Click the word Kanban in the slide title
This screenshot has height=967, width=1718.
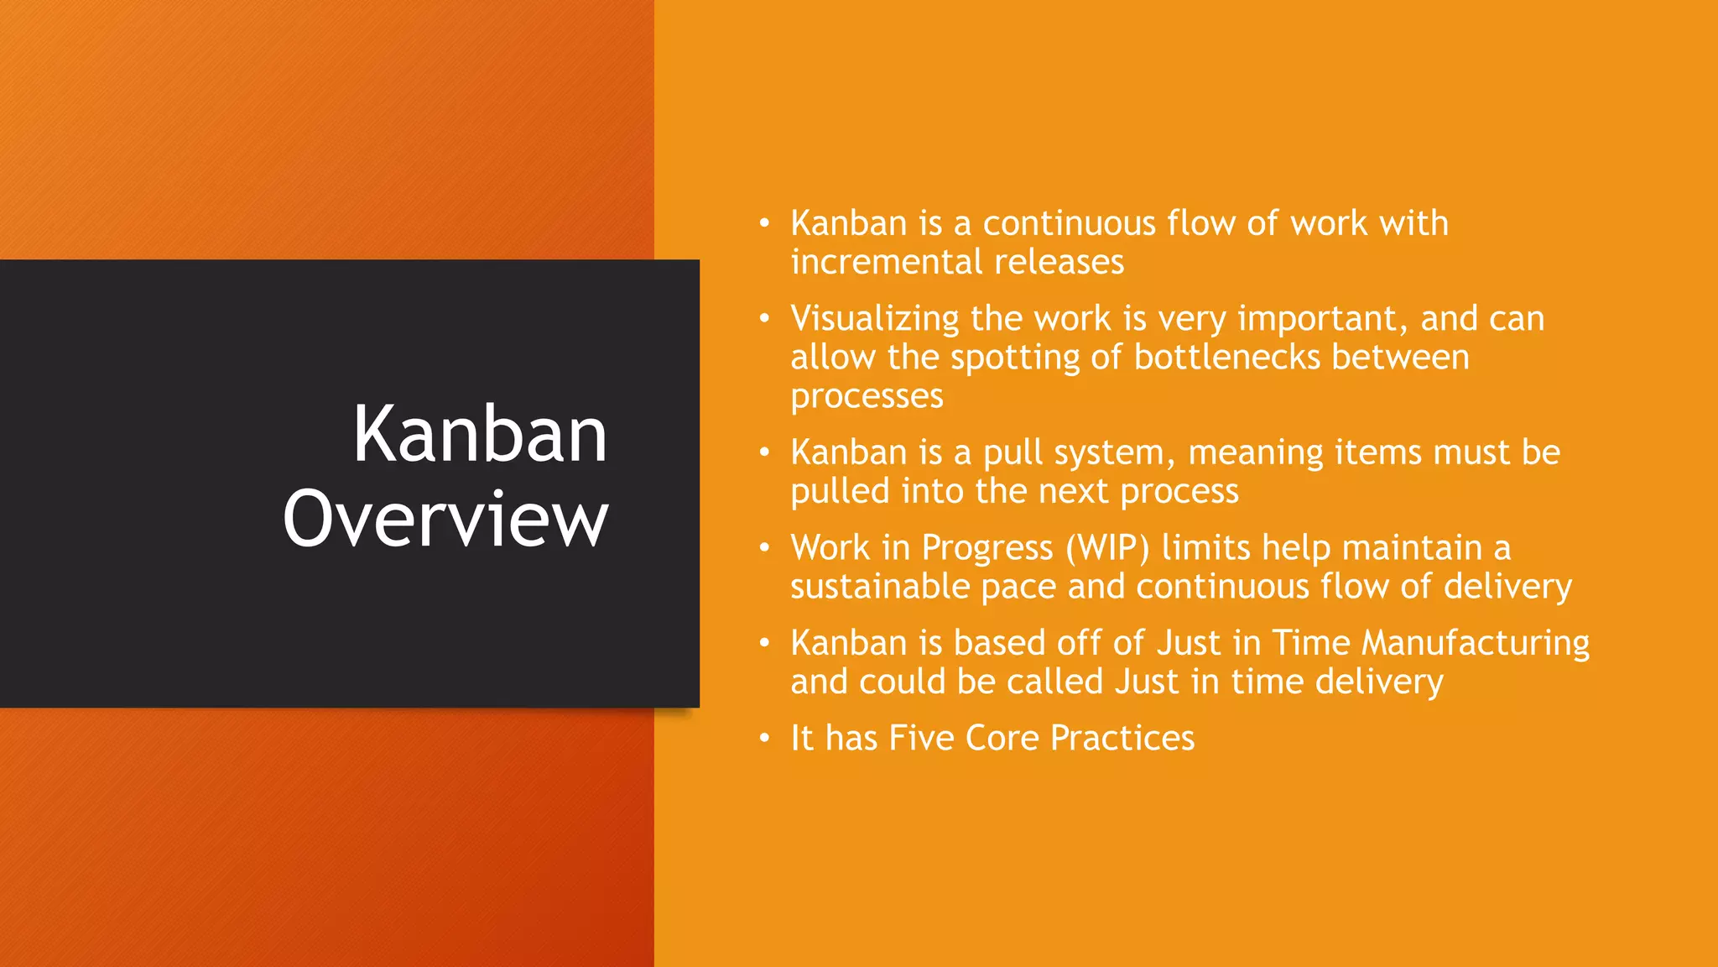click(x=479, y=435)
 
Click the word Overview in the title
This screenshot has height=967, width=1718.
click(x=445, y=519)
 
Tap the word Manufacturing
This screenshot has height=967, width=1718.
click(x=1475, y=644)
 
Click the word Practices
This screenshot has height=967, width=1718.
click(x=1122, y=739)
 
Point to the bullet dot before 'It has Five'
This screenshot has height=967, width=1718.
click(x=763, y=739)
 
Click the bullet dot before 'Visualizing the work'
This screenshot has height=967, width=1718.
click(x=763, y=319)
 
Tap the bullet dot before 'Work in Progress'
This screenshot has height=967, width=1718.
click(x=763, y=548)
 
